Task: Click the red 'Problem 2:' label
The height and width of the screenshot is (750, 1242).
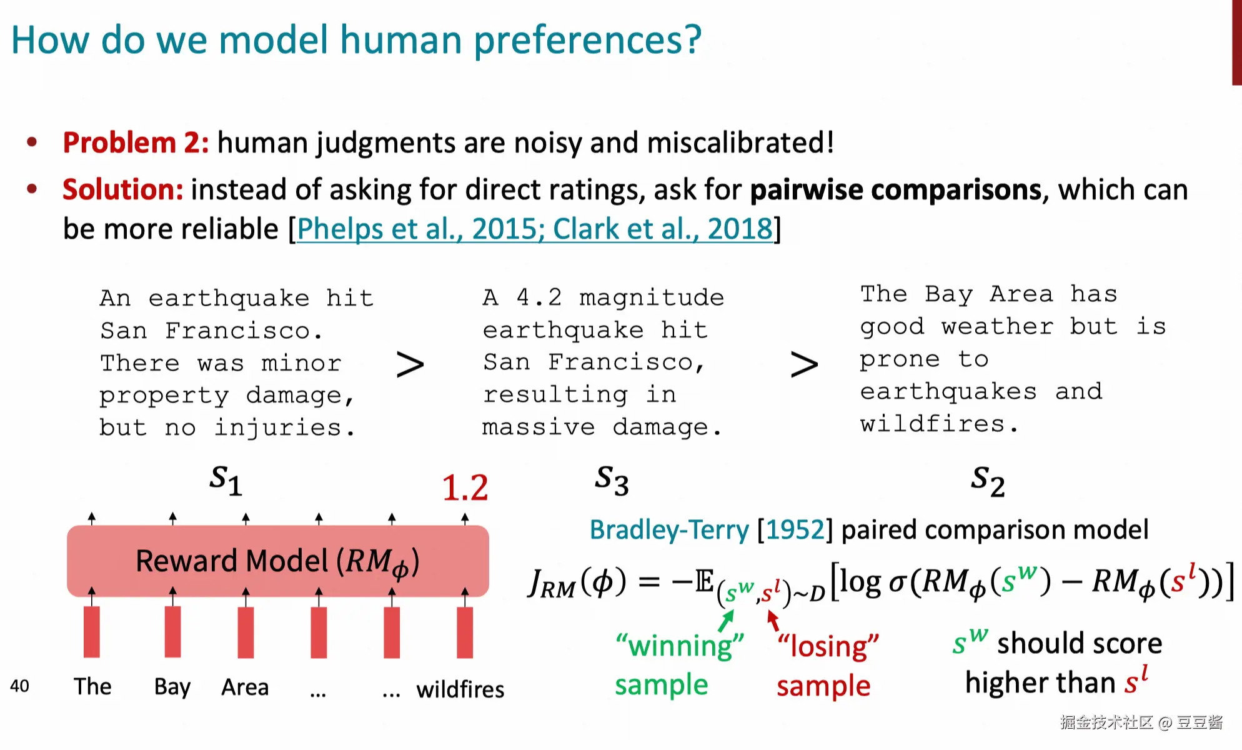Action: (136, 142)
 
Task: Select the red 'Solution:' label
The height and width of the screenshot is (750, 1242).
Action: (122, 189)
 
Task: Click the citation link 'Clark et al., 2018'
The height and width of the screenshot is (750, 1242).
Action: (663, 229)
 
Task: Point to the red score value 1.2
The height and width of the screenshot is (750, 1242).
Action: (465, 487)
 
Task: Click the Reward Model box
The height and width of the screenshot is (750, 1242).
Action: (278, 561)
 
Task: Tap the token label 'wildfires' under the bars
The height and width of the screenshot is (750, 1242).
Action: (460, 689)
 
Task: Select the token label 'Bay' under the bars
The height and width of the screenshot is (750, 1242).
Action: (172, 687)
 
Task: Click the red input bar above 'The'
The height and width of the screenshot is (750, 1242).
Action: (92, 632)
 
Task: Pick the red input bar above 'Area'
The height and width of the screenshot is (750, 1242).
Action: (246, 632)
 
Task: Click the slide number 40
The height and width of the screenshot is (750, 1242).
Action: (19, 686)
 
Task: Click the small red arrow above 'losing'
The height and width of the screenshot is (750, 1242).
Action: (773, 620)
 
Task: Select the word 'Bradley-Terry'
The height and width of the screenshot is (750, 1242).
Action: (669, 530)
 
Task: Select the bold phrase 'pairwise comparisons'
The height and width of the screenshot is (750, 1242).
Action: (896, 189)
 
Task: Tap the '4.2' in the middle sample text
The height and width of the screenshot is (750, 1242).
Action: (539, 297)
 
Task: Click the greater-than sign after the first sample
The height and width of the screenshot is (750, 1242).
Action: (410, 364)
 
